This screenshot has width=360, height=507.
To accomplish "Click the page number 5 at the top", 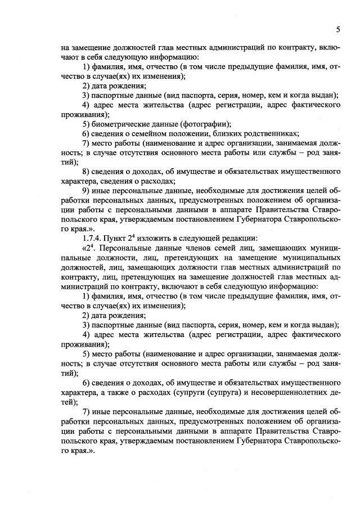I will [x=337, y=29].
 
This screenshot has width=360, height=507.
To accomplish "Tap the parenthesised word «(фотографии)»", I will [x=205, y=124].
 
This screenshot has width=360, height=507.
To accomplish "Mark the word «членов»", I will [x=196, y=249].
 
